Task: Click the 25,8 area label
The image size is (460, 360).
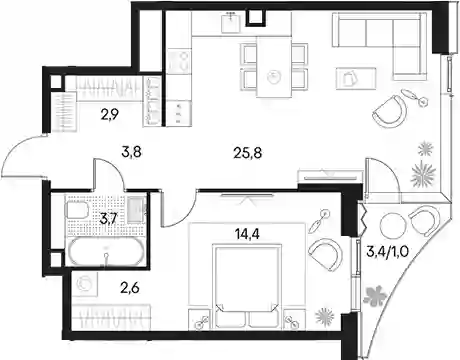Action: pos(248,153)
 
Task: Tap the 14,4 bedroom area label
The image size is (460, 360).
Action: pos(247,234)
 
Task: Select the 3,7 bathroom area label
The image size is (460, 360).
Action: pos(108,219)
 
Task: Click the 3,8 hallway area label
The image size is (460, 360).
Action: pos(132,152)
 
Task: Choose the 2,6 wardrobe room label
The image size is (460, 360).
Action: pos(130,287)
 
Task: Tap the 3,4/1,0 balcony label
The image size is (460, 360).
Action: pos(387,252)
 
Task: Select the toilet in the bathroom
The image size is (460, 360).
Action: pos(77,211)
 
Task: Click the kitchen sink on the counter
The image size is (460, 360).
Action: pos(231,22)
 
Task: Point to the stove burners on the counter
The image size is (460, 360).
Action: pos(179,61)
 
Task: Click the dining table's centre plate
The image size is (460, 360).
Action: pos(274,77)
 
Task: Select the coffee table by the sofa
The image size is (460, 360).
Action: pos(356,78)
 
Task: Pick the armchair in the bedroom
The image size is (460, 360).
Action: pos(326,254)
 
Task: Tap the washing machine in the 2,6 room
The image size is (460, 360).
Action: pos(86,284)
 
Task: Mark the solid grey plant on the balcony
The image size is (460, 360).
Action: pos(375,295)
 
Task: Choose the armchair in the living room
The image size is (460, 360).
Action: pos(391,111)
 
